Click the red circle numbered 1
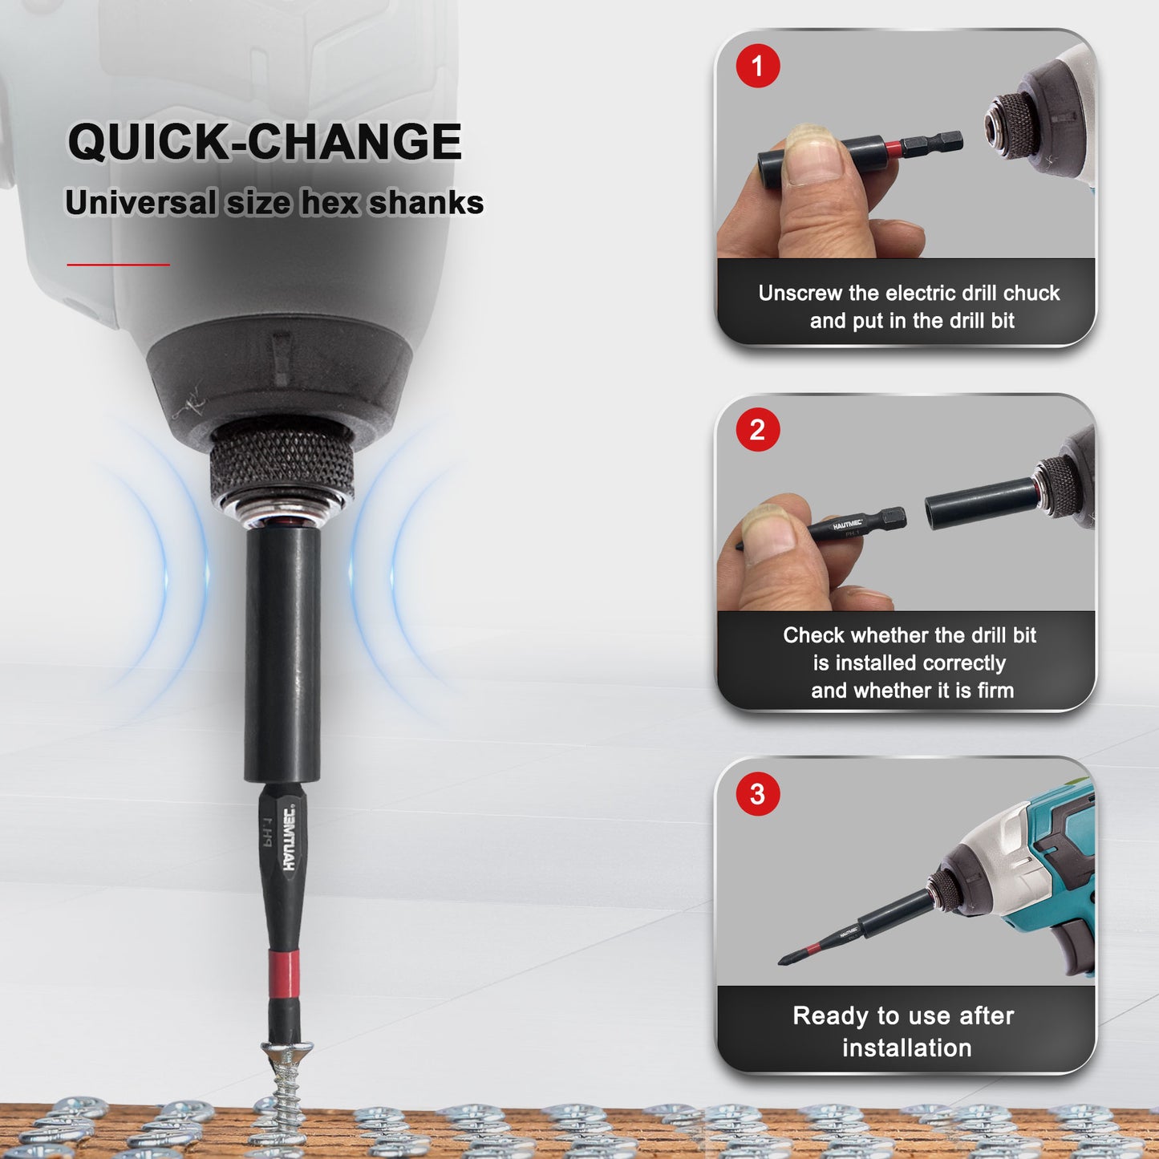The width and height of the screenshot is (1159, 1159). (x=758, y=66)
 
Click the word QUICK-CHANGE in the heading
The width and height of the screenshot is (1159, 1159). (x=265, y=142)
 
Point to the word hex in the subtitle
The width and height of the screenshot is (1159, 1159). (x=330, y=203)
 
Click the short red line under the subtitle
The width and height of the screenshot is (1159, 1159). (x=119, y=264)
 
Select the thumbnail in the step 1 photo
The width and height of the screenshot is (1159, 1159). (x=813, y=155)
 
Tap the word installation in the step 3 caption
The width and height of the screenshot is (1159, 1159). (x=907, y=1048)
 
